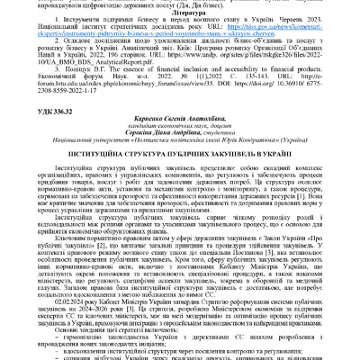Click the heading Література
point(180,17)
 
